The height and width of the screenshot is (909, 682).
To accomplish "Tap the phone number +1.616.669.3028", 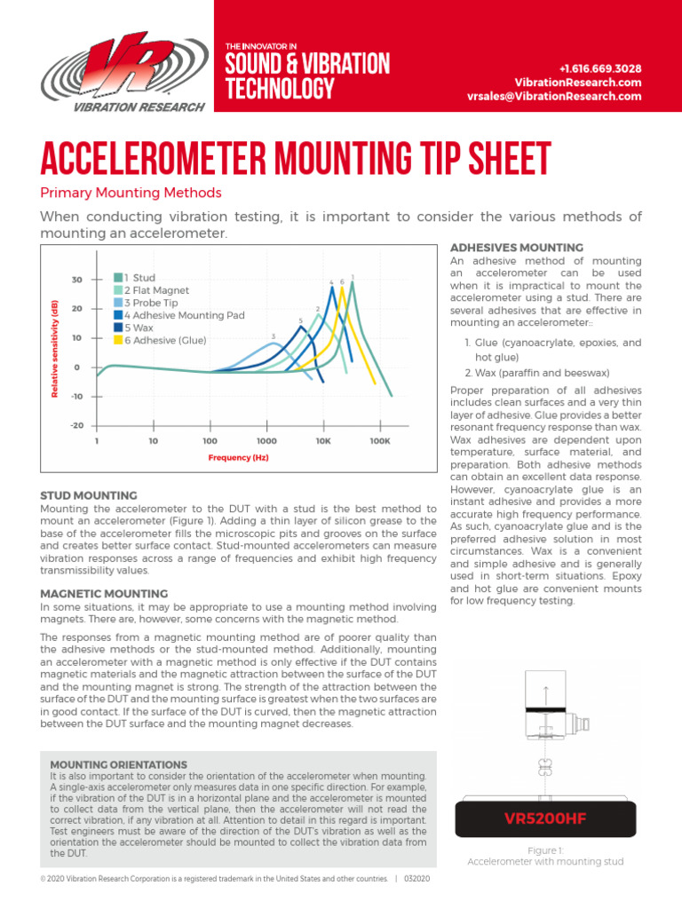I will click(x=600, y=68).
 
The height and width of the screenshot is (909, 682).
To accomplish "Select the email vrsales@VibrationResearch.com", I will click(x=553, y=96).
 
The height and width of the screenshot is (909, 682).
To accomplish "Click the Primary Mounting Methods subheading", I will click(x=131, y=193).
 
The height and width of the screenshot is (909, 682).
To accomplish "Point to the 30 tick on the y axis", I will click(x=76, y=280).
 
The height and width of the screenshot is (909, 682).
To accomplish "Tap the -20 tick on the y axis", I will click(x=76, y=425).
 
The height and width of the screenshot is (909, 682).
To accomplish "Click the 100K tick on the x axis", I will click(x=379, y=440).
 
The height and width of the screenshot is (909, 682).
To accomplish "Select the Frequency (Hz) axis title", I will click(x=238, y=458).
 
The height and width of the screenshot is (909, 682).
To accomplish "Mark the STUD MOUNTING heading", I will click(x=89, y=495).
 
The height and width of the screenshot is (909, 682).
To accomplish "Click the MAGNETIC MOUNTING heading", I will click(x=104, y=593).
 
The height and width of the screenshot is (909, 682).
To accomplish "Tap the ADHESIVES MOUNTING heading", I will click(x=517, y=248).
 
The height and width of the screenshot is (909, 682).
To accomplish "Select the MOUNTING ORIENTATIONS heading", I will click(x=118, y=764).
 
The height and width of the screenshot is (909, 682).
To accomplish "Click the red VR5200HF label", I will click(x=544, y=817).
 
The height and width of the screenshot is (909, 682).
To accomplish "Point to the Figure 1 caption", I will click(x=545, y=856).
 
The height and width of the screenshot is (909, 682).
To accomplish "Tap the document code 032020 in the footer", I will click(x=416, y=879).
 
